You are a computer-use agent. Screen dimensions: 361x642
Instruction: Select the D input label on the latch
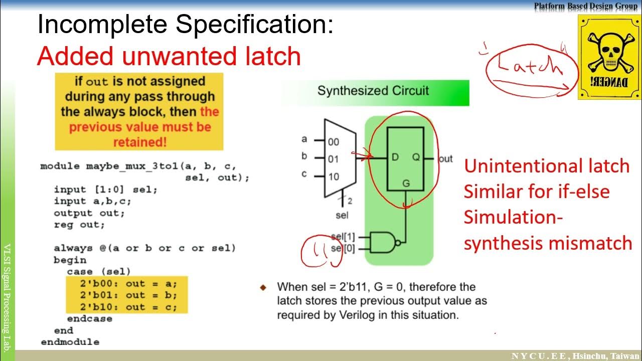pyautogui.click(x=395, y=157)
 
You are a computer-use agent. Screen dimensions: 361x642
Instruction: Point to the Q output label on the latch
pyautogui.click(x=416, y=157)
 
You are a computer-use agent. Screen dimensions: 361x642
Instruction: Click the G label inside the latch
pyautogui.click(x=406, y=184)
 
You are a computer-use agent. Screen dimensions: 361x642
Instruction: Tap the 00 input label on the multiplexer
pyautogui.click(x=334, y=142)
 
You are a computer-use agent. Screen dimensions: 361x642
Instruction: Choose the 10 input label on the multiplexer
pyautogui.click(x=334, y=176)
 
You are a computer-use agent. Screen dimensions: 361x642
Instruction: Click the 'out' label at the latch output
pyautogui.click(x=445, y=159)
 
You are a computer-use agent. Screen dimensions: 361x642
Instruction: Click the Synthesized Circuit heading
pyautogui.click(x=373, y=91)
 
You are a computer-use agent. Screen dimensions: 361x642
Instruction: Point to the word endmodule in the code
pyautogui.click(x=70, y=342)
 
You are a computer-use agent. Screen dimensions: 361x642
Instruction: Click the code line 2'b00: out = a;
pyautogui.click(x=128, y=283)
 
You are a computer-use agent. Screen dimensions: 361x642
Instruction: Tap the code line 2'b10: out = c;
pyautogui.click(x=128, y=307)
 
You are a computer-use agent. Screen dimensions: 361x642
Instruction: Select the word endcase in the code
pyautogui.click(x=90, y=319)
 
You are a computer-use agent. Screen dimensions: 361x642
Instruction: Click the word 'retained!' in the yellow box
pyautogui.click(x=139, y=142)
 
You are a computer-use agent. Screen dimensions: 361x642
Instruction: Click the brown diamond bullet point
pyautogui.click(x=263, y=287)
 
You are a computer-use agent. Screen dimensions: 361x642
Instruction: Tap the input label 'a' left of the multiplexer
pyautogui.click(x=304, y=139)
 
